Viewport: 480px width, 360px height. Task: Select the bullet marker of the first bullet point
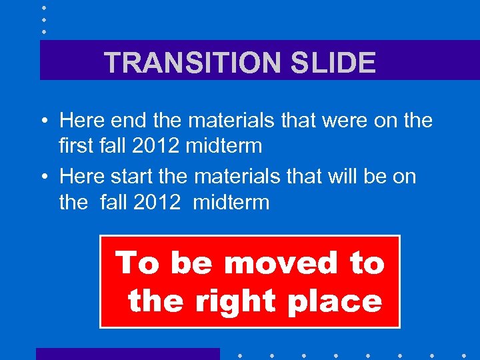point(42,121)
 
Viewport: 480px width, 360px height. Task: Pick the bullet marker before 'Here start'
point(42,177)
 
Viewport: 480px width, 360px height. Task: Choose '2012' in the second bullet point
point(157,201)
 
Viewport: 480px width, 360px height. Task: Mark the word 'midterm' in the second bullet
point(231,201)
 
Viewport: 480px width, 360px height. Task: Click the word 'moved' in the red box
point(281,263)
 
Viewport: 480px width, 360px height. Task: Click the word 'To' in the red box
point(137,263)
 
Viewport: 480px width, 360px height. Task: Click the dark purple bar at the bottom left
point(127,354)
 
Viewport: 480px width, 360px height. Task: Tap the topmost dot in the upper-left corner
point(44,7)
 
